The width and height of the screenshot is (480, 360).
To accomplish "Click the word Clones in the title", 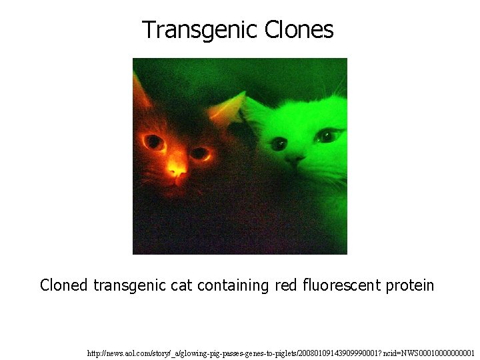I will point(299,30).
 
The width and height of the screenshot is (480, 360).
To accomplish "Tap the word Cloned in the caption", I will point(63,286).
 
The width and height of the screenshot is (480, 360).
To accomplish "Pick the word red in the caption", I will point(287,286).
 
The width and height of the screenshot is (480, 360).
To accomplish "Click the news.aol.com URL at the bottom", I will point(281,352).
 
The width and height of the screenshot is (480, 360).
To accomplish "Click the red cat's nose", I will point(177,172).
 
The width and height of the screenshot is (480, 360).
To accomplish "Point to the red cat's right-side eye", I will point(199,153).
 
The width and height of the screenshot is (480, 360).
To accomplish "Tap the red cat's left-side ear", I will point(141,90).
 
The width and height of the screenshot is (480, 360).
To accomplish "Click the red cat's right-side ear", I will point(231,104).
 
